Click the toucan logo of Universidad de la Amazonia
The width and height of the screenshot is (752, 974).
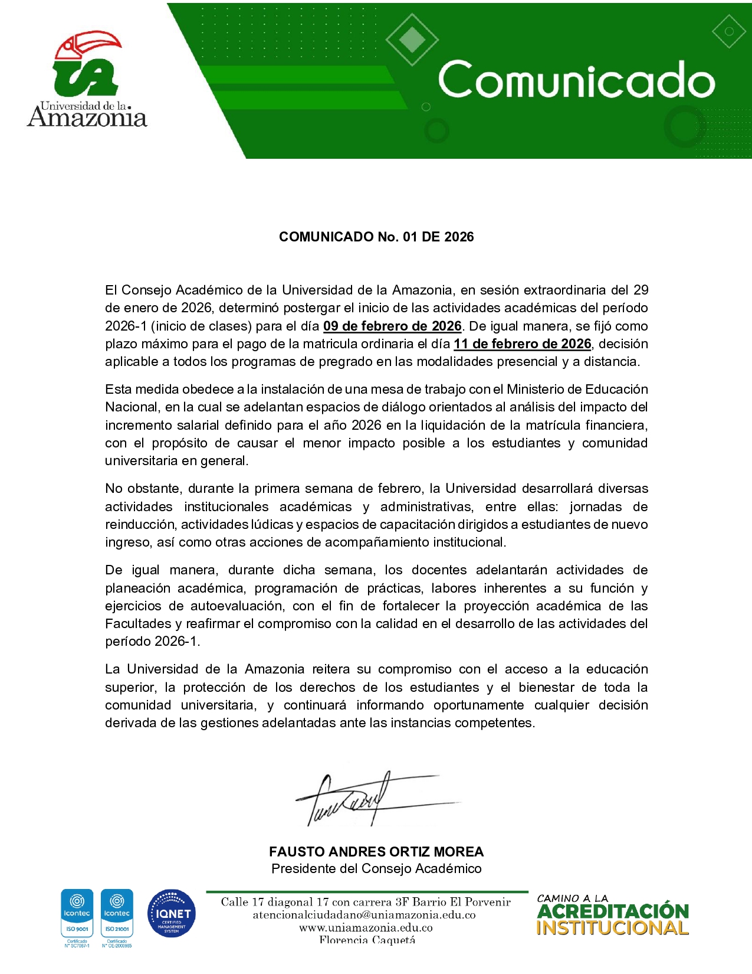coord(87,65)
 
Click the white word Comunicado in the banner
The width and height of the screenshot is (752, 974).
coord(576,80)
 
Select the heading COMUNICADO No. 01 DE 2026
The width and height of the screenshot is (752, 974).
coord(376,237)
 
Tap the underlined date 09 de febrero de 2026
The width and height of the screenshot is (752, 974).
coord(392,326)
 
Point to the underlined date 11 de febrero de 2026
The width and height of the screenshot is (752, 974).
coord(522,344)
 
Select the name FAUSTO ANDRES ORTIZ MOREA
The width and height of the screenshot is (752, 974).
coord(376,852)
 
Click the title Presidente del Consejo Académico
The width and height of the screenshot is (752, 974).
coord(376,868)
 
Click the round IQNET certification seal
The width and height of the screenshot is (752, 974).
coord(171,914)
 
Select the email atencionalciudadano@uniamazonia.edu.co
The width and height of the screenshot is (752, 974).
coord(364,915)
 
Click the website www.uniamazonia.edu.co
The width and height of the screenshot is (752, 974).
coord(366,927)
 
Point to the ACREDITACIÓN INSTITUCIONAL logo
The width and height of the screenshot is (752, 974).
coord(612,915)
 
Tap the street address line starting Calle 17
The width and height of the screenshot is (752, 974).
coord(366,902)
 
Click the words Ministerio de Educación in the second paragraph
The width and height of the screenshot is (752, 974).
coord(577,389)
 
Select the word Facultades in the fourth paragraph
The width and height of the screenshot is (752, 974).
coord(138,623)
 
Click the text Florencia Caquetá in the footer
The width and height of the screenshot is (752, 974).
coord(367,940)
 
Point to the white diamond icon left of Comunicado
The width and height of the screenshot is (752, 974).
coord(412,39)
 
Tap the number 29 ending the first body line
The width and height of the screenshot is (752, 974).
coord(641,290)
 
